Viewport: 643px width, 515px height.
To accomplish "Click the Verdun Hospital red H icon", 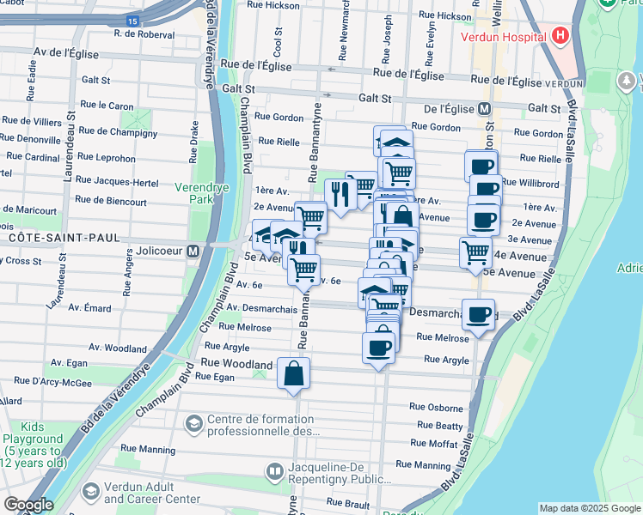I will click(x=560, y=37).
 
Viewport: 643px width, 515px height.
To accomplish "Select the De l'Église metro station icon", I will click(x=484, y=109).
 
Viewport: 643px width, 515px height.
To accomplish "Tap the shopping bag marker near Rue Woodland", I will click(x=294, y=373).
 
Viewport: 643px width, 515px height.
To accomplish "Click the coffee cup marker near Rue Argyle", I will click(x=378, y=348).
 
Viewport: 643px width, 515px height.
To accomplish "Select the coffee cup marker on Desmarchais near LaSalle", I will click(x=479, y=314).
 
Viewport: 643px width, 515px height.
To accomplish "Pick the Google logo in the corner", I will click(x=28, y=505).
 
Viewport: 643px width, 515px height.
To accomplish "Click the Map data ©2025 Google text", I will click(x=589, y=508).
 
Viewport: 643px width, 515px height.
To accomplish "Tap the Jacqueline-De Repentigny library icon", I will click(x=275, y=471).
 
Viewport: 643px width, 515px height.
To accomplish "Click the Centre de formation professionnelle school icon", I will click(x=194, y=423).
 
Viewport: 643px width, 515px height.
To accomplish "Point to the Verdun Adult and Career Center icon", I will click(x=90, y=492).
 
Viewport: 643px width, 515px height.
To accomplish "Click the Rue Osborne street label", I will click(x=436, y=407).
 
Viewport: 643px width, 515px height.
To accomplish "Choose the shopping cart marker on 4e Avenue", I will click(x=475, y=252).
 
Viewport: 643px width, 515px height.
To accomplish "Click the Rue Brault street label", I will click(x=347, y=502).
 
